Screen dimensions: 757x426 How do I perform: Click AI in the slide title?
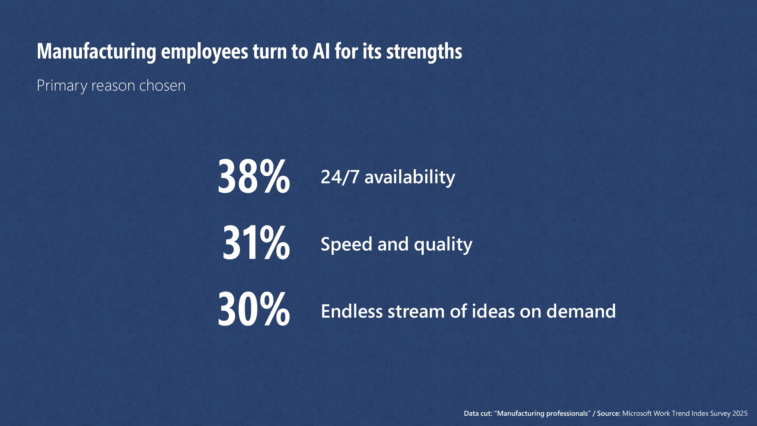point(321,51)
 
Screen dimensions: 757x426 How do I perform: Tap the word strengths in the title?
point(424,52)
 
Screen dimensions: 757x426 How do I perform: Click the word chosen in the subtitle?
point(162,86)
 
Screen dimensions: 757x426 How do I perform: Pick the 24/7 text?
point(340,177)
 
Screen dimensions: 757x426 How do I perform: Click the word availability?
point(410,178)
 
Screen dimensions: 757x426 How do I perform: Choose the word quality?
point(443,245)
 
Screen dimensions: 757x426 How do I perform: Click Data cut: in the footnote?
point(478,413)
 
